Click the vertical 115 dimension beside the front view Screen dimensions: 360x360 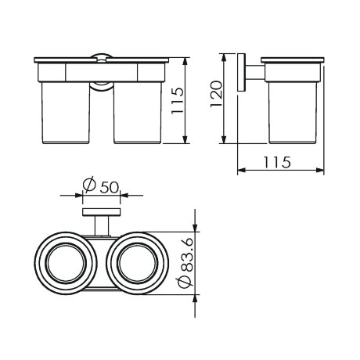[178, 100]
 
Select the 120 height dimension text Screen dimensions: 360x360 [216, 94]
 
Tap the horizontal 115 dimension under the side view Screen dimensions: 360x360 [276, 162]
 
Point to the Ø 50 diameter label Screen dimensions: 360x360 [101, 185]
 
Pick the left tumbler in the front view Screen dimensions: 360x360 [66, 113]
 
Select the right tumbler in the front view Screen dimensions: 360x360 [138, 113]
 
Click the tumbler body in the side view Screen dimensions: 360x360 [293, 113]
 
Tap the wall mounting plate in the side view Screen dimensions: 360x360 [241, 73]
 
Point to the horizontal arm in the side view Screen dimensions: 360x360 [255, 73]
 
